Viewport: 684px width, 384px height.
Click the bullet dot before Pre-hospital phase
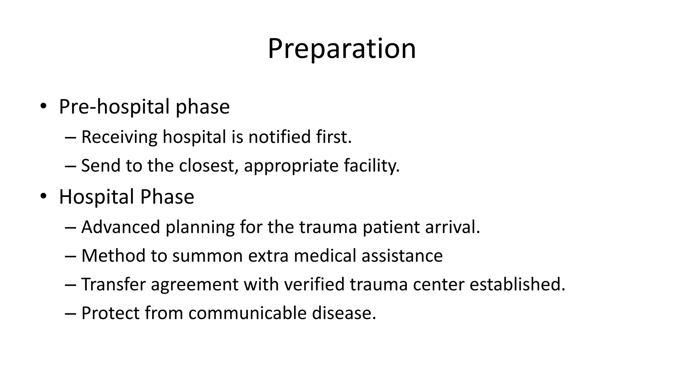43,106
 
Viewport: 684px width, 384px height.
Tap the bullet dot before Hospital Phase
43,196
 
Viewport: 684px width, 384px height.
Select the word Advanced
121,227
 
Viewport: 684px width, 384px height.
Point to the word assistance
402,256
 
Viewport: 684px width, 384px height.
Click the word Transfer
114,284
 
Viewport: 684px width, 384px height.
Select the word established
517,284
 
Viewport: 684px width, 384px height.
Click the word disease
344,313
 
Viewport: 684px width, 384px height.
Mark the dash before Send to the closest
71,166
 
